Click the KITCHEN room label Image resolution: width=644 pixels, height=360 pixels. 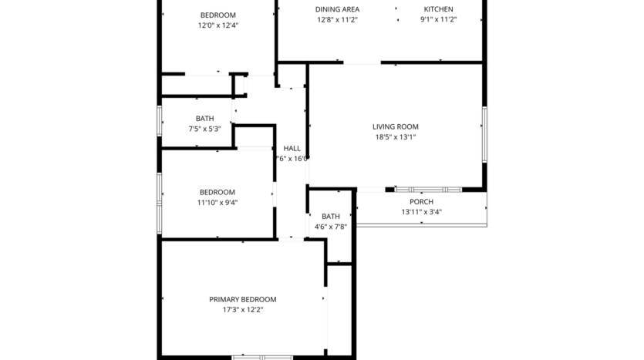click(x=438, y=9)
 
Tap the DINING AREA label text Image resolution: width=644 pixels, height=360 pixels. click(x=338, y=9)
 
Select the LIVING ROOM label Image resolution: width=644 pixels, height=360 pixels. click(x=395, y=127)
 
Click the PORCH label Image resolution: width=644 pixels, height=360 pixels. click(x=421, y=201)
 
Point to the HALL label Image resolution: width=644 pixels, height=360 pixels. click(x=292, y=148)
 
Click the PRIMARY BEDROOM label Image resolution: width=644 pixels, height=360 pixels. click(x=242, y=299)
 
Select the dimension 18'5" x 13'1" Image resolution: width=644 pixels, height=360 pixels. click(x=395, y=138)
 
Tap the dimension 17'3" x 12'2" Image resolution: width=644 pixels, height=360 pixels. click(x=242, y=310)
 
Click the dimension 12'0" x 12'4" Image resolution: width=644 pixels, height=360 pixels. click(x=217, y=25)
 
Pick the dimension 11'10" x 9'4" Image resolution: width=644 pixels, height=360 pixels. click(x=217, y=203)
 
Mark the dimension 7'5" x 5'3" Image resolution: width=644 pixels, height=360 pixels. click(x=204, y=129)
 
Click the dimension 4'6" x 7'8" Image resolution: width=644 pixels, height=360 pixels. click(x=330, y=227)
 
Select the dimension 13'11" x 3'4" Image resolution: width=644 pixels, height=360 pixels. click(x=421, y=212)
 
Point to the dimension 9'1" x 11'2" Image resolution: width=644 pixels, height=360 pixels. click(x=438, y=20)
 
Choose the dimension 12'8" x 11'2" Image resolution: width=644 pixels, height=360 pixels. click(x=338, y=20)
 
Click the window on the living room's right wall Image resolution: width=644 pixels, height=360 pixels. click(x=484, y=134)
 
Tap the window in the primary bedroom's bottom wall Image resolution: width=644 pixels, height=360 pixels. click(x=262, y=357)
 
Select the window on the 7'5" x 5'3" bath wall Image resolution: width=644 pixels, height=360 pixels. click(x=160, y=121)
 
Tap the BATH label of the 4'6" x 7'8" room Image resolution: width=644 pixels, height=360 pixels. click(x=330, y=217)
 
